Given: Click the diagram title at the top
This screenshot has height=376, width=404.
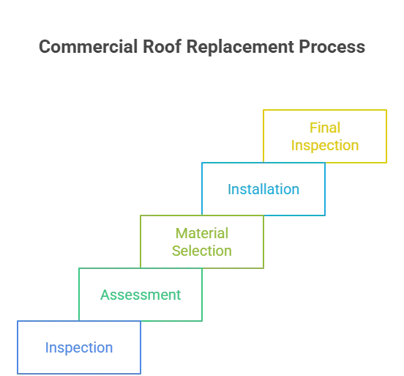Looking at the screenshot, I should [x=201, y=45].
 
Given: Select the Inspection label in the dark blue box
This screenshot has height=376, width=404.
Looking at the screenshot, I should [x=78, y=347].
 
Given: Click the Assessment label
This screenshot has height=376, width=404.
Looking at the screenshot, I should [x=141, y=295].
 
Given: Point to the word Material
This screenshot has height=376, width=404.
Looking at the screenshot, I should [x=202, y=234].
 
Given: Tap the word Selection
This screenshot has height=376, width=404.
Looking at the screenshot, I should [x=202, y=251].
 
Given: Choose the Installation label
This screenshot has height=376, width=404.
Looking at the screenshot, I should [x=263, y=189].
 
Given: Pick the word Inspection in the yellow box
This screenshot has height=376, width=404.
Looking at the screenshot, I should [x=325, y=145].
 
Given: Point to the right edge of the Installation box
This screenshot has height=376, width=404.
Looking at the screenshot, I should [x=325, y=188].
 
